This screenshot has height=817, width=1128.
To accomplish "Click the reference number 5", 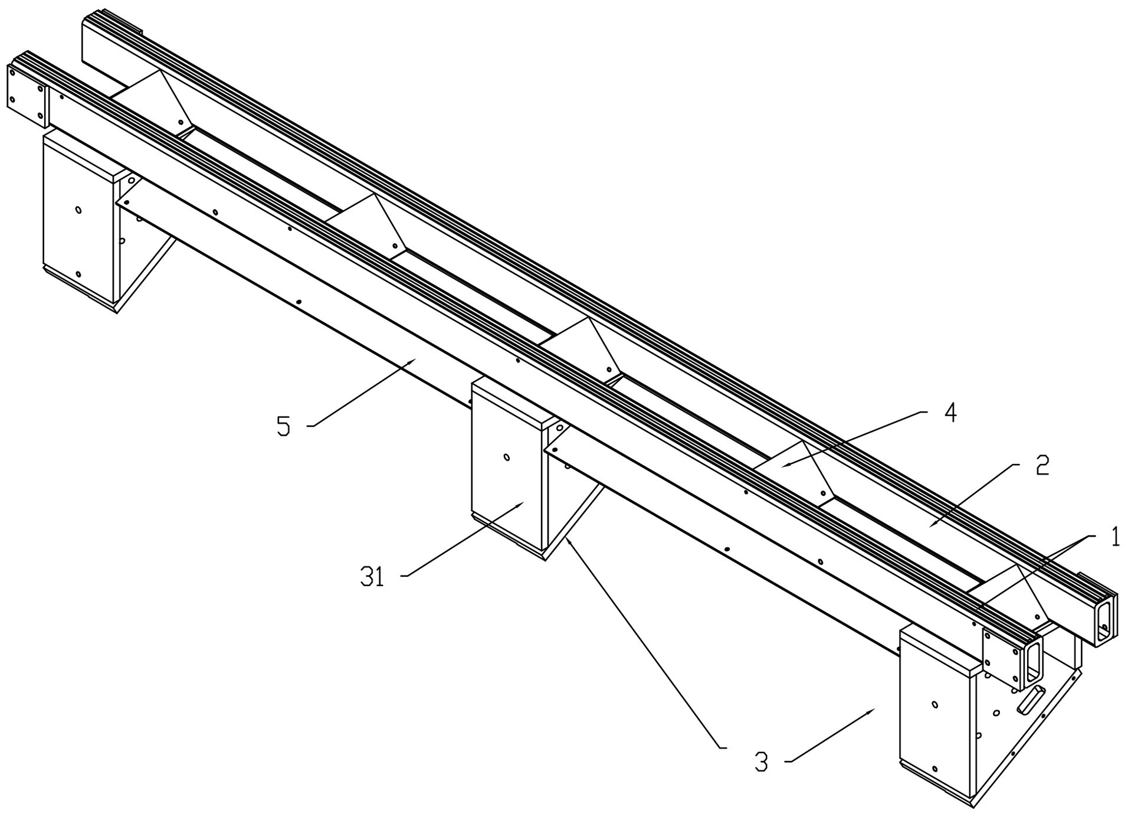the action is point(284,426).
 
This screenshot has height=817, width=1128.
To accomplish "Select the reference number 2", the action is point(1042,465).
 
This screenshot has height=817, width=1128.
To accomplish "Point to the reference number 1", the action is point(1114,537).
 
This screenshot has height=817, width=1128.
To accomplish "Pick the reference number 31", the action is point(372,577).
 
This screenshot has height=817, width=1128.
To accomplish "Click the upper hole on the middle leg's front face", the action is point(506,456).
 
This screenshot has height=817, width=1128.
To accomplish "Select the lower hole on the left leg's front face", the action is point(78,275).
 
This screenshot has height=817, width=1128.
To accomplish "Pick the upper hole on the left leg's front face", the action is point(78,210).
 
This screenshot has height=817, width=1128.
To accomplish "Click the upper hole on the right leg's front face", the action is point(934,704).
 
